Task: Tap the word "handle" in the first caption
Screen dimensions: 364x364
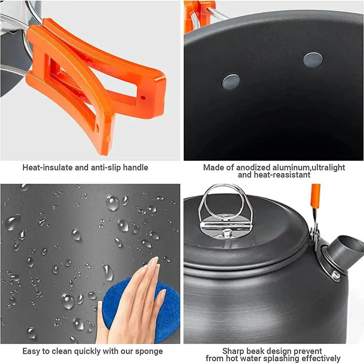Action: [135, 168]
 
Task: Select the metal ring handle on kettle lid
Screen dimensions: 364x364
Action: [226, 204]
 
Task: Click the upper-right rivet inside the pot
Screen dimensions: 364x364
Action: [313, 60]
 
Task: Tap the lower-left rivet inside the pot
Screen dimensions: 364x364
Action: [231, 82]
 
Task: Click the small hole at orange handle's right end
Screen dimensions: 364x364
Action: [143, 98]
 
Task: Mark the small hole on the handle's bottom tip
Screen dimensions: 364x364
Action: [97, 128]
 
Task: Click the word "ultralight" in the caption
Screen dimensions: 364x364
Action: [327, 168]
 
